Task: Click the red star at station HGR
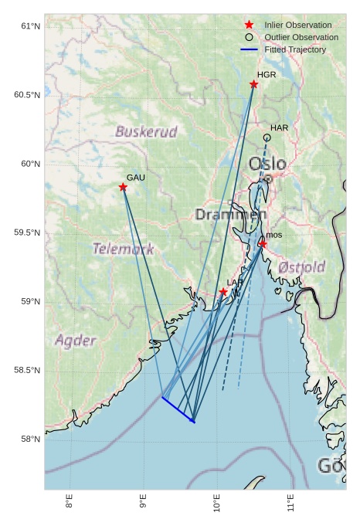(253, 84)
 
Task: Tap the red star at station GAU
(123, 187)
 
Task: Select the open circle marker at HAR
(267, 137)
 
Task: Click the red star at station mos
(263, 244)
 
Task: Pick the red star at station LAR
(223, 292)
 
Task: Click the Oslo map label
(267, 164)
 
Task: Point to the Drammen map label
(230, 214)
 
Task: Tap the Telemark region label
(123, 249)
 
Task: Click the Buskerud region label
(146, 131)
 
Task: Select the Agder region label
(76, 340)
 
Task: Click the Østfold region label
(301, 266)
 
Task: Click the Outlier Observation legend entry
(301, 37)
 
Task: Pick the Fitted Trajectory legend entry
(294, 49)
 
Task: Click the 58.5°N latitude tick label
(27, 371)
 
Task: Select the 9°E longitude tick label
(143, 503)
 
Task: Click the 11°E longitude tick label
(290, 503)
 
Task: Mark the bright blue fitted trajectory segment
(178, 409)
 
